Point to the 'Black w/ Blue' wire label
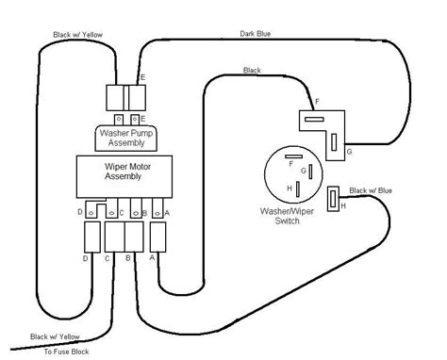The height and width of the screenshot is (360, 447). pyautogui.click(x=370, y=189)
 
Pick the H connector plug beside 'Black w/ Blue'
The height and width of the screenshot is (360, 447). pyautogui.click(x=333, y=199)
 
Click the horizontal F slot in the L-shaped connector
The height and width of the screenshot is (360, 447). pyautogui.click(x=314, y=119)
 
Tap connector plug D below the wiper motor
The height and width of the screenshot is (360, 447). pyautogui.click(x=91, y=235)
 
